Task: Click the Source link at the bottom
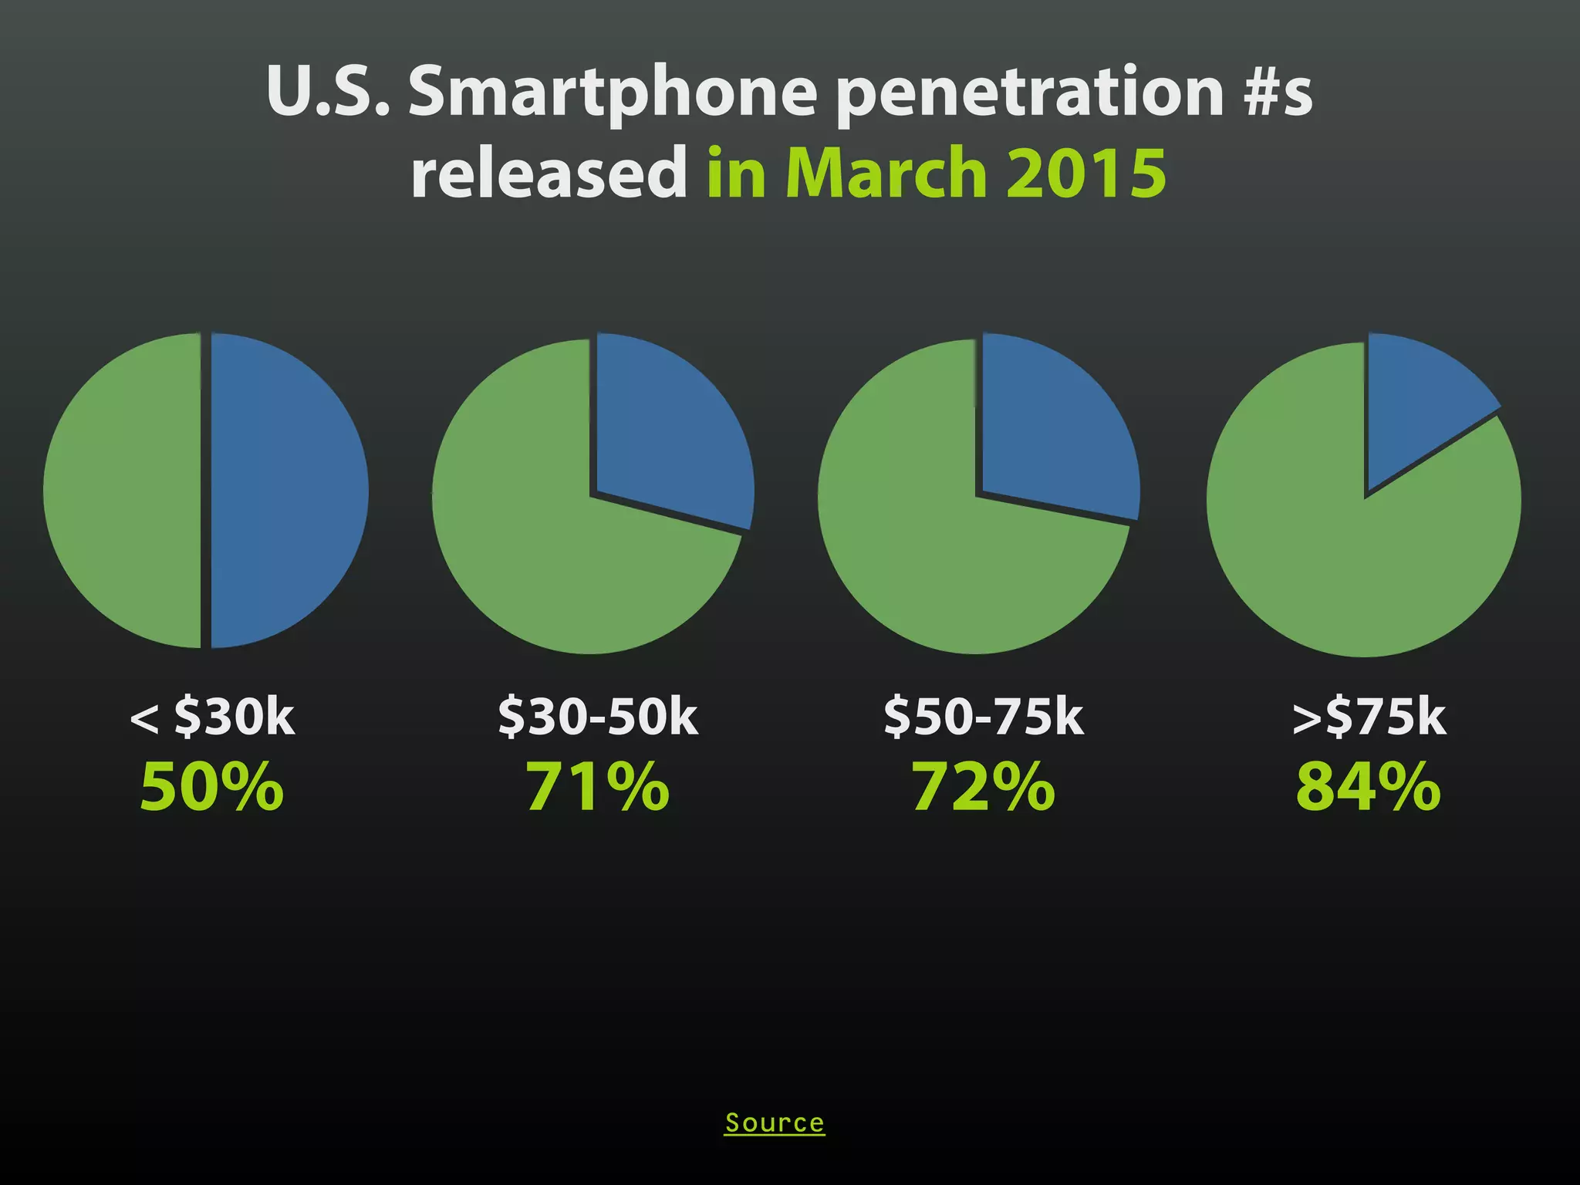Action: click(775, 1123)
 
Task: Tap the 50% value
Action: click(212, 787)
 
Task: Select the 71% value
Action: click(598, 787)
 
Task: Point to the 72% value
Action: click(984, 787)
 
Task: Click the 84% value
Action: click(1369, 787)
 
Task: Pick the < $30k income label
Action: click(212, 717)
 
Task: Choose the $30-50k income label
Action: click(598, 717)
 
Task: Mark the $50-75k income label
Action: click(984, 717)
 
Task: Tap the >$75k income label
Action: click(1369, 717)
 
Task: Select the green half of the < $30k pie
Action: click(123, 490)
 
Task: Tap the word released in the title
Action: click(549, 174)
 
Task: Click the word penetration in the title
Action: click(1030, 93)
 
